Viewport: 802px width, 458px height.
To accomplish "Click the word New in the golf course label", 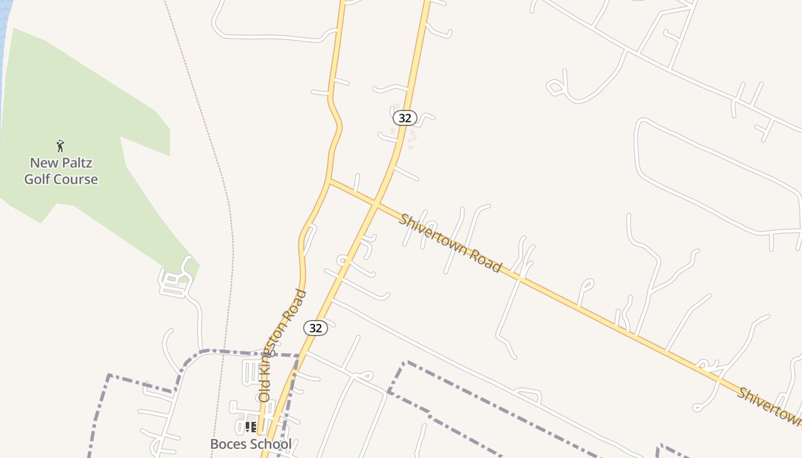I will pyautogui.click(x=44, y=163).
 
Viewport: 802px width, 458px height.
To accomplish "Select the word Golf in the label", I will pyautogui.click(x=38, y=179).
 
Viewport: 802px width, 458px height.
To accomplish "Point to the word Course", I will pyautogui.click(x=76, y=179).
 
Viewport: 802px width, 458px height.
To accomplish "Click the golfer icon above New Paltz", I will pyautogui.click(x=60, y=146).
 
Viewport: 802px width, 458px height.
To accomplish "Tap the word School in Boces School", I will pyautogui.click(x=273, y=444).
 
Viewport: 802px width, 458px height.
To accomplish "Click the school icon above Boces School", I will pyautogui.click(x=250, y=427).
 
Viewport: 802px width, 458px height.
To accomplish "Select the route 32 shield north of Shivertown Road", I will pyautogui.click(x=404, y=118).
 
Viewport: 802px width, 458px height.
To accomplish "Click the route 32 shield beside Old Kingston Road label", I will pyautogui.click(x=315, y=327).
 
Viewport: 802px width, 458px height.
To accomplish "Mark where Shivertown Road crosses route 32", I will pyautogui.click(x=375, y=204).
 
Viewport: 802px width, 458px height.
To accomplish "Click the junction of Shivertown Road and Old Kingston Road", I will pyautogui.click(x=330, y=181).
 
